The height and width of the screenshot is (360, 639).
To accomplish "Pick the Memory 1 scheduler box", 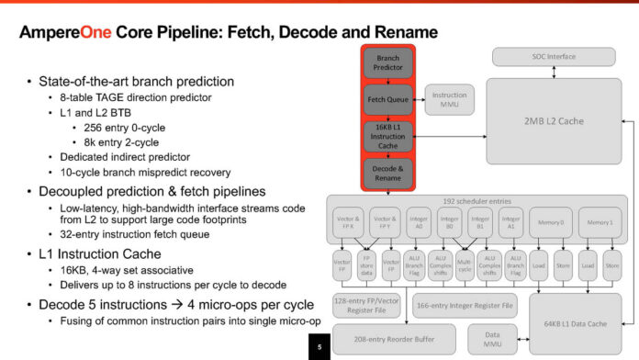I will click(x=600, y=223).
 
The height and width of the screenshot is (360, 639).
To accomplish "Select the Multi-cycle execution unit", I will click(x=465, y=264).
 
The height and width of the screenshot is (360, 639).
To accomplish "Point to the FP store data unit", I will click(x=366, y=264).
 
